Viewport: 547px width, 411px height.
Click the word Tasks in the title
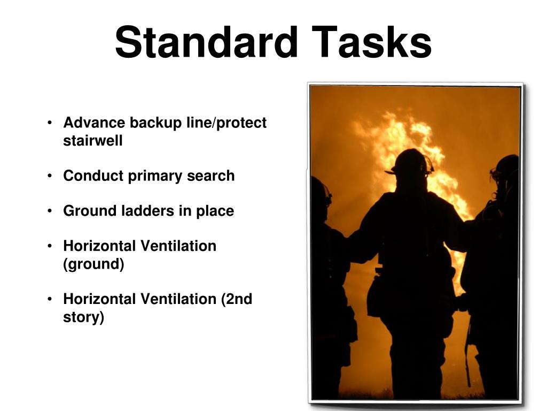point(372,43)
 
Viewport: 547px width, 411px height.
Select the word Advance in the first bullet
point(95,123)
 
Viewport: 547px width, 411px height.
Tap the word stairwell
point(93,141)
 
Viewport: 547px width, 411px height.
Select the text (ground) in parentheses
point(93,264)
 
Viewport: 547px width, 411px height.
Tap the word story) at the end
point(84,317)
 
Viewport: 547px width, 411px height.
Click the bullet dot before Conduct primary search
point(50,176)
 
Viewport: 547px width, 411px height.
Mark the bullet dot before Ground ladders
point(50,211)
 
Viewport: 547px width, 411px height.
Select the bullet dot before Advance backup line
point(50,123)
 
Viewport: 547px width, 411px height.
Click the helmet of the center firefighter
point(410,162)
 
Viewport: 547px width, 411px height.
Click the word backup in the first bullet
point(155,123)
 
